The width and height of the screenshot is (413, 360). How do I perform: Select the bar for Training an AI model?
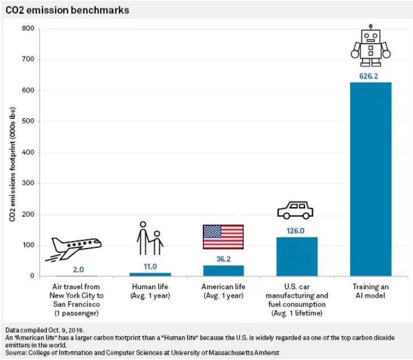coord(371,179)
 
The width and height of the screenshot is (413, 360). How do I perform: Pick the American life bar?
coord(223,271)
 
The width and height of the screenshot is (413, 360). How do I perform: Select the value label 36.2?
coord(223,258)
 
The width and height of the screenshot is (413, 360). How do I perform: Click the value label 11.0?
coord(150,265)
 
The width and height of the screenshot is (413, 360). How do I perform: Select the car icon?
coord(295,210)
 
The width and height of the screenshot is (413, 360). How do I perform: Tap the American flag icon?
coord(223,237)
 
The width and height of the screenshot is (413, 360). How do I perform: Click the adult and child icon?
coord(149,239)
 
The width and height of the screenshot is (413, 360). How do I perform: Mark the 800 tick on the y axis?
coord(28,29)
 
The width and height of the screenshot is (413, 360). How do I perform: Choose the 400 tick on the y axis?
coord(28,153)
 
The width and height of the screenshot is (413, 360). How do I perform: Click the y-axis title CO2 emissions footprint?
coord(12,153)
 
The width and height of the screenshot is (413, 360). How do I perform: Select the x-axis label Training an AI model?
coord(371,291)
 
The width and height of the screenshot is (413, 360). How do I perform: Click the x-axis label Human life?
coord(150,291)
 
